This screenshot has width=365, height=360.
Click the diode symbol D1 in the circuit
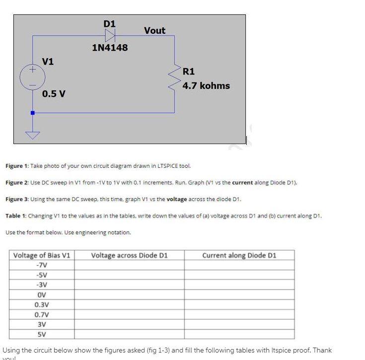(x=110, y=35)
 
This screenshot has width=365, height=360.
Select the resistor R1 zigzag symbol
(x=175, y=78)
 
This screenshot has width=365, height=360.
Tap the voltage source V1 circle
(x=32, y=78)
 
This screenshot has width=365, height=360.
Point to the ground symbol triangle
(x=33, y=135)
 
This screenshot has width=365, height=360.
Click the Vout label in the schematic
(x=154, y=31)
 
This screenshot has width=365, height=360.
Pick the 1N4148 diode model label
(x=110, y=48)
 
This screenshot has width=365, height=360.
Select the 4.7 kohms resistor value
(x=206, y=85)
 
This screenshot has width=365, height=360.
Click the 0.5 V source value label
(x=54, y=94)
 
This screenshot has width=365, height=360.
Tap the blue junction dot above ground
(x=33, y=113)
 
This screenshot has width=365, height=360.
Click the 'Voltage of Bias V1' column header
(x=42, y=255)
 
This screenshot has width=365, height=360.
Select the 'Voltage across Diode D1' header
(x=129, y=255)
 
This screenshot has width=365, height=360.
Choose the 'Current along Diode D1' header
(x=239, y=255)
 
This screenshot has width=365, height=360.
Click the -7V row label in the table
(x=42, y=265)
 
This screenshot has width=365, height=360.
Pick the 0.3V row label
(x=42, y=304)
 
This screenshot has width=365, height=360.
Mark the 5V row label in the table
(x=42, y=334)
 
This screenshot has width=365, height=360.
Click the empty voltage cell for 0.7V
(x=129, y=314)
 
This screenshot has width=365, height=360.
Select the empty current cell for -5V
(x=239, y=275)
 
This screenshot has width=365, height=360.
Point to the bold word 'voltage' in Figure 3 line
(x=178, y=199)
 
